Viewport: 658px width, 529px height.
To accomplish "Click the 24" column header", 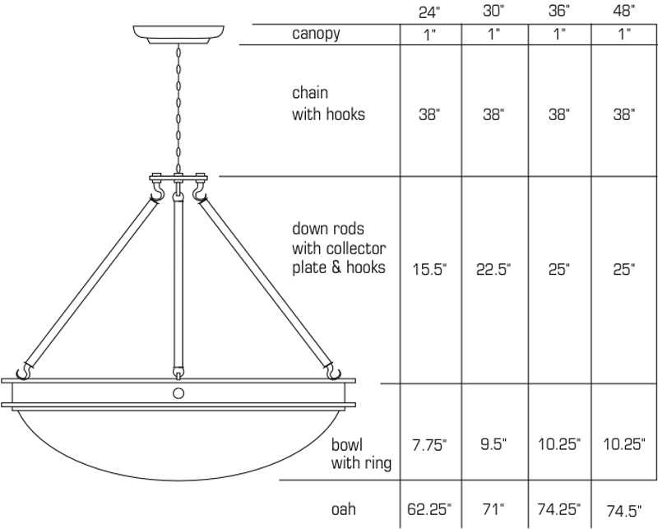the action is point(429,12).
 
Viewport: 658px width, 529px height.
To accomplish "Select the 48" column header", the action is point(623,11).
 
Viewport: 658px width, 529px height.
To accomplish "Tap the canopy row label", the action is point(316,34).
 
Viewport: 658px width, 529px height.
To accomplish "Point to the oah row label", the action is point(343,509).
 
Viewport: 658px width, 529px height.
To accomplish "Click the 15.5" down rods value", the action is point(429,269).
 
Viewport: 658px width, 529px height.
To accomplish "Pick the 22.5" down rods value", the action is point(493,269).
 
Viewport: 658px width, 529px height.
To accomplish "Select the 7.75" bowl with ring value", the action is point(429,444).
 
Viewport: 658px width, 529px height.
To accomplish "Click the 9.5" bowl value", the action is point(493,443).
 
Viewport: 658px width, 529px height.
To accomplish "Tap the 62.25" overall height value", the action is point(429,509).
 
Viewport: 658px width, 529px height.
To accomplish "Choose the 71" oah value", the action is point(493,509).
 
